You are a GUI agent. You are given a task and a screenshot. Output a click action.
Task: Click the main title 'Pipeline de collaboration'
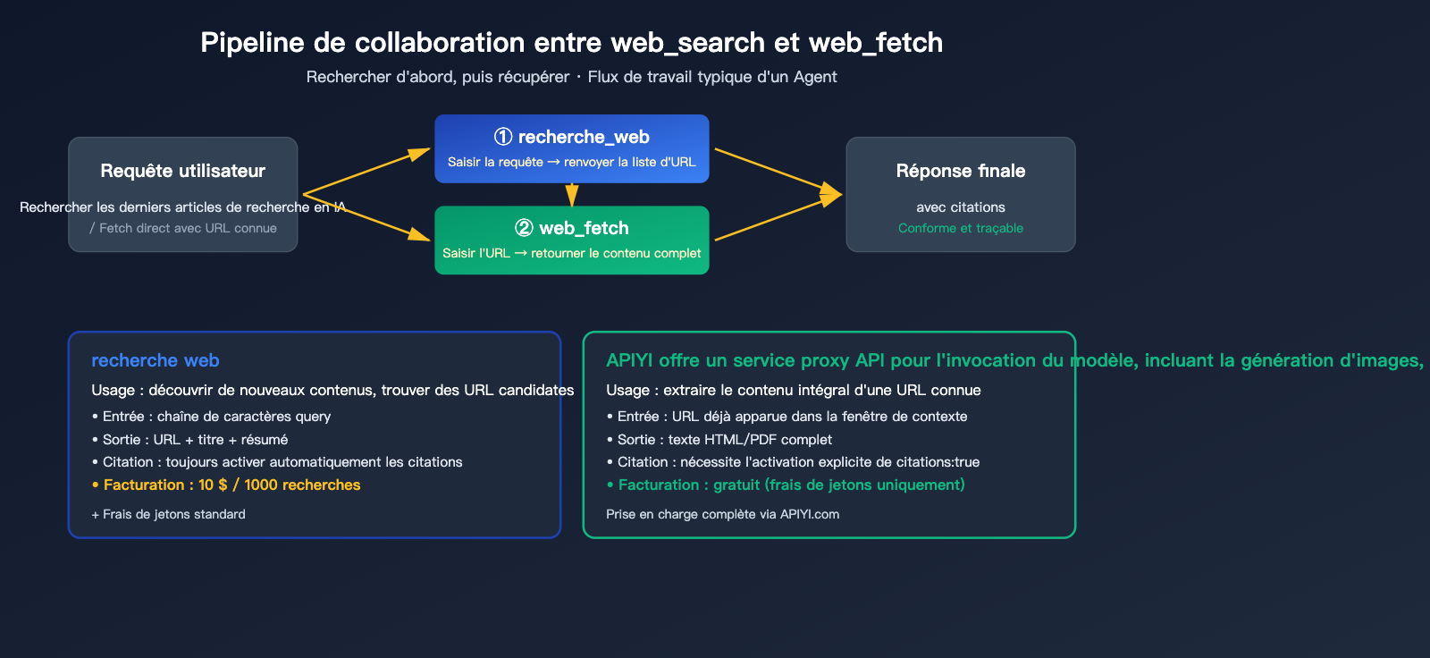coord(571,42)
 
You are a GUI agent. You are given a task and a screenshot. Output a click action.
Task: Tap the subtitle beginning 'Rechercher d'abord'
coord(571,77)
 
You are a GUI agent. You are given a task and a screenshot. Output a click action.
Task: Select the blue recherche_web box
coord(571,149)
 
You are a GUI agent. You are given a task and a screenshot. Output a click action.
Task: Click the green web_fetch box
coord(571,240)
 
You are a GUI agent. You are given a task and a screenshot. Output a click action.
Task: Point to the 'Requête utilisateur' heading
coord(182,171)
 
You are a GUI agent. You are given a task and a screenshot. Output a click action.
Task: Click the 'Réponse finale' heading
coord(960,171)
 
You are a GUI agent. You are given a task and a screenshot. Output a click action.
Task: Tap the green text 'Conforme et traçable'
coord(960,228)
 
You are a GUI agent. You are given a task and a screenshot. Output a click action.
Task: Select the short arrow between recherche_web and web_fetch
coord(572,195)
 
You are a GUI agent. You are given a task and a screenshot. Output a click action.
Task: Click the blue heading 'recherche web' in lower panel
coord(155,360)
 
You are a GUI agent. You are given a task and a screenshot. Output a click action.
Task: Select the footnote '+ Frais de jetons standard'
coord(168,514)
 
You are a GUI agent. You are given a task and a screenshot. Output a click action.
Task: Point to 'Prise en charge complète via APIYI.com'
coord(722,514)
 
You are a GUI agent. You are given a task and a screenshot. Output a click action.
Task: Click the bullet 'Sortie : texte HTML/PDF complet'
coord(724,440)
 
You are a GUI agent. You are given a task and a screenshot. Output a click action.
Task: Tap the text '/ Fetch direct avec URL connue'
coord(183,228)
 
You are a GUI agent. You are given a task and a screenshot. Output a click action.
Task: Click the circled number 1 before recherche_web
coord(503,137)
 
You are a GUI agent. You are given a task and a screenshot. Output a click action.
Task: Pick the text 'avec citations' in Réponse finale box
coord(960,207)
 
